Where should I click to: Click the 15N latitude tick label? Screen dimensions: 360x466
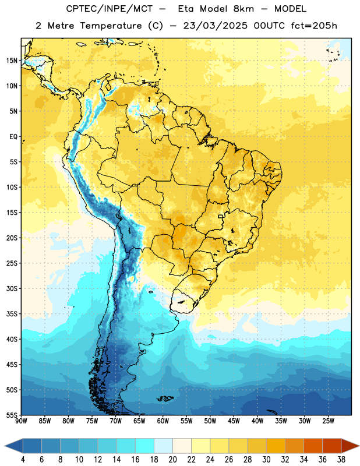[12, 61]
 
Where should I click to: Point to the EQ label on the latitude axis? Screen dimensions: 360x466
[13, 137]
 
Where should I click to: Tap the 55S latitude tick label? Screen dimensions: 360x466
[12, 415]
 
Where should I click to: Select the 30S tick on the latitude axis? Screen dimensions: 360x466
[12, 288]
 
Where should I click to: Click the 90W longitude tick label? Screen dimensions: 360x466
[21, 421]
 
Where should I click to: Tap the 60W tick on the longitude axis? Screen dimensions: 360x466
[163, 421]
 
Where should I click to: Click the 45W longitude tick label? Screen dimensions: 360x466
[234, 421]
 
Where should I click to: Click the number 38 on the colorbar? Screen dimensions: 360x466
[341, 460]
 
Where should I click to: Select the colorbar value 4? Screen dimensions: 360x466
[23, 460]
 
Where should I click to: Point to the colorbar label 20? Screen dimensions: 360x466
[172, 460]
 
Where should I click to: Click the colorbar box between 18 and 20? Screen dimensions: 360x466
[164, 446]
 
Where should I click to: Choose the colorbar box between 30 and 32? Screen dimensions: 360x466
[276, 446]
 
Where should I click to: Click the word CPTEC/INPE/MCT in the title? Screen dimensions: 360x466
[110, 9]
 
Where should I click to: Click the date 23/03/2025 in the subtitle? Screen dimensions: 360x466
[215, 26]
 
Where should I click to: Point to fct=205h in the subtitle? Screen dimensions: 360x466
[314, 26]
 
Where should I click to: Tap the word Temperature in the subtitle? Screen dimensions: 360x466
[111, 26]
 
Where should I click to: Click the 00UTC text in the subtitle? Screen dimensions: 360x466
[269, 26]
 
